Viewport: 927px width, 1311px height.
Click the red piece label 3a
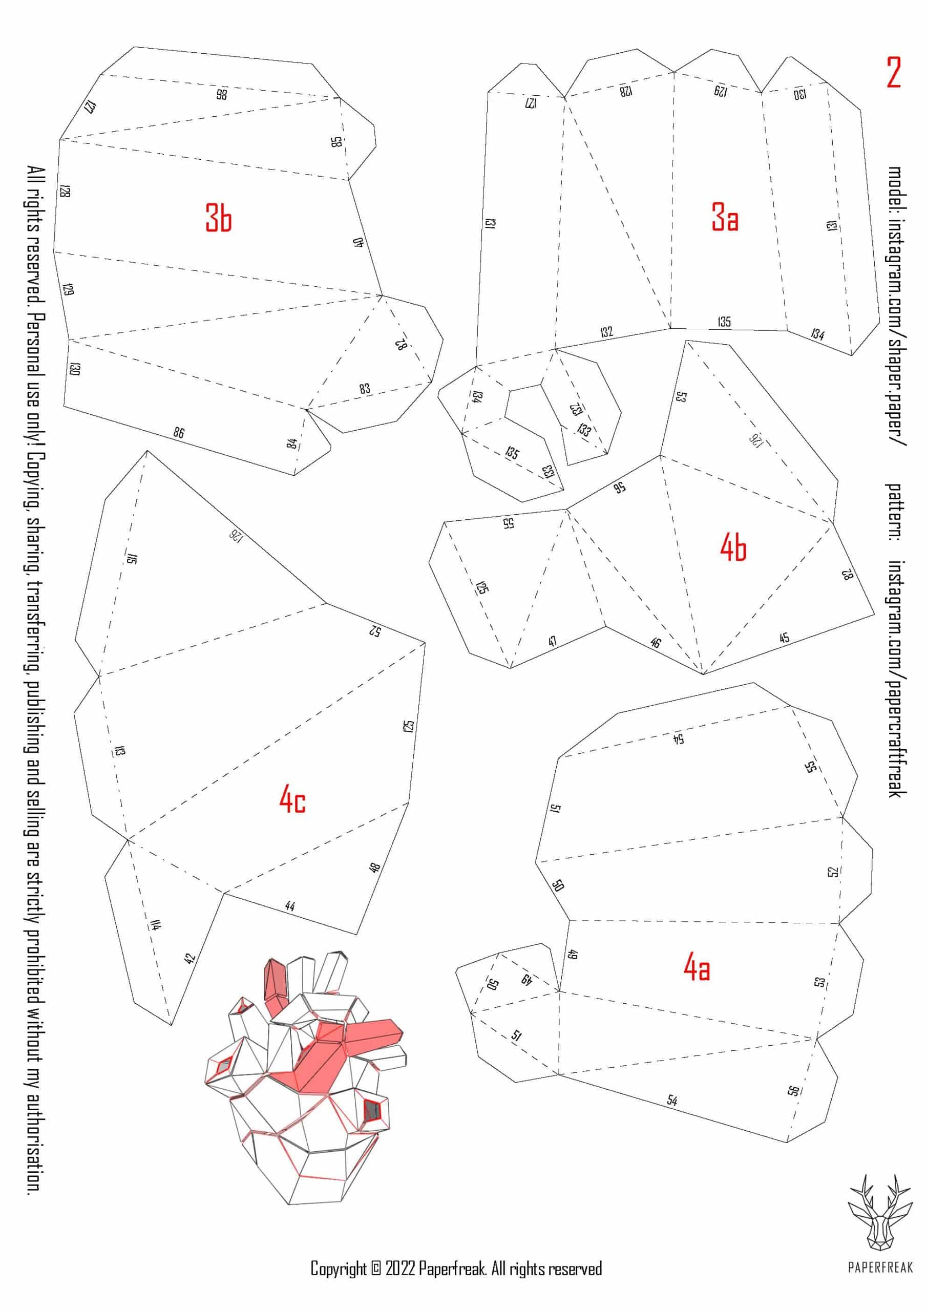click(x=724, y=218)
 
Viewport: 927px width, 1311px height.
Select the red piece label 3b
click(x=219, y=218)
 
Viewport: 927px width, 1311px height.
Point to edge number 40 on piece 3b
click(x=359, y=242)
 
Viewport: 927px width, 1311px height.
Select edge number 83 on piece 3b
click(x=365, y=389)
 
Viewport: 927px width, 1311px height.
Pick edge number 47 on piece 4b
click(x=552, y=641)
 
